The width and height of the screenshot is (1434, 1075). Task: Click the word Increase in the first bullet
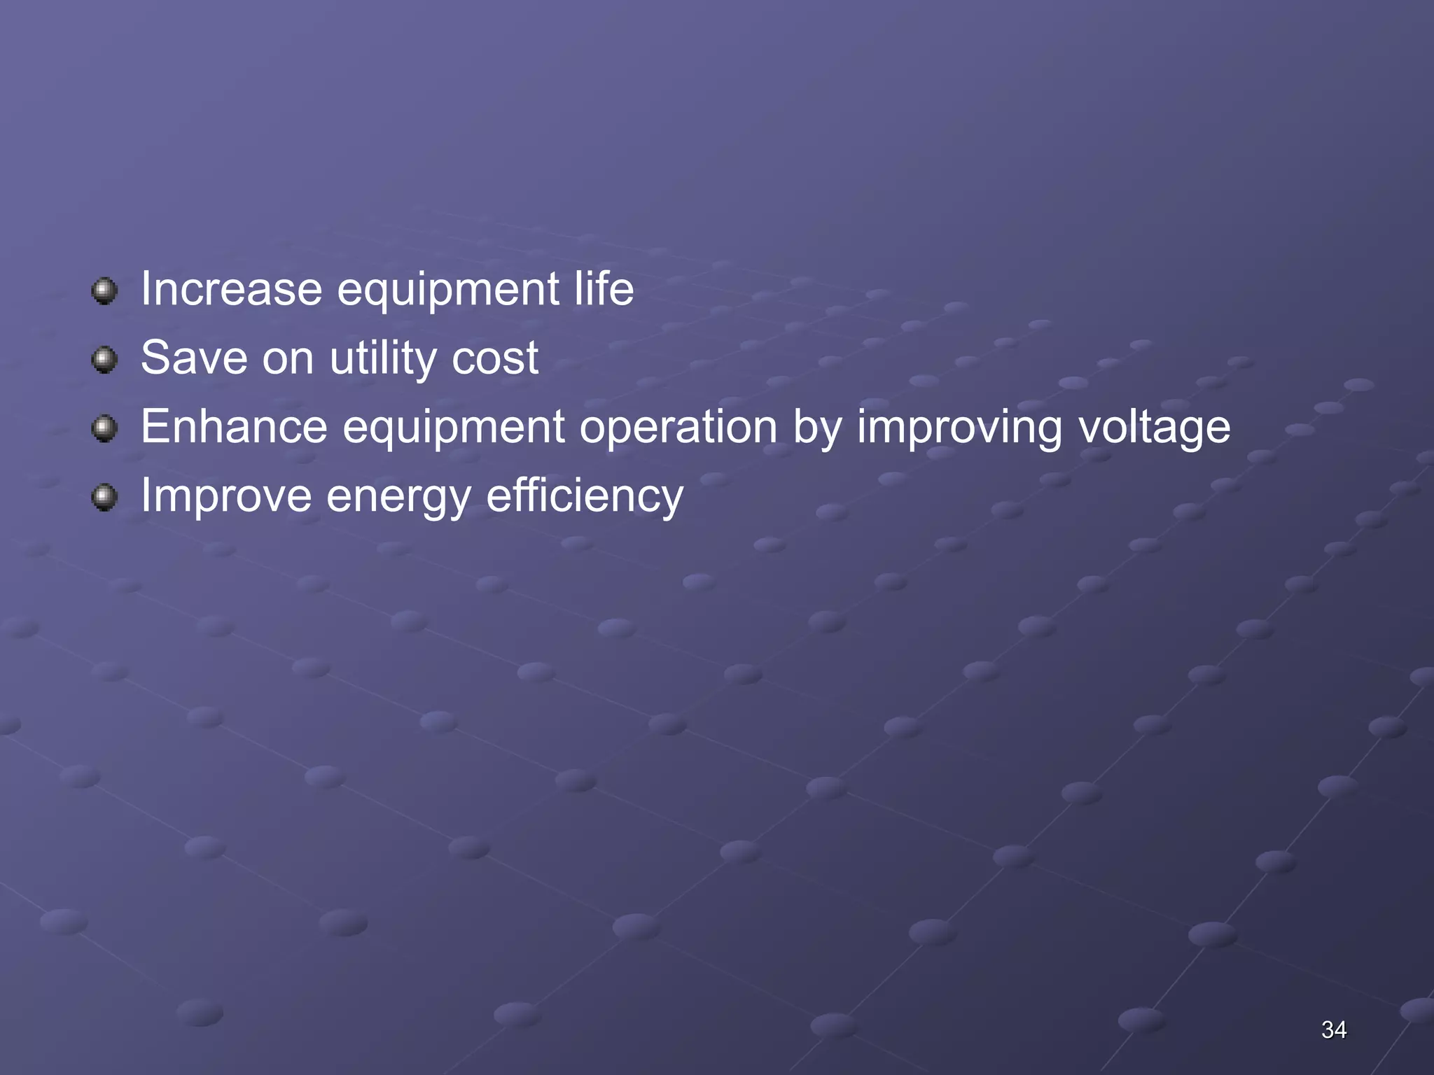coord(231,289)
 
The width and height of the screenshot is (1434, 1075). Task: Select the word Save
coord(194,358)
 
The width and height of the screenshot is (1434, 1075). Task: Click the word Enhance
coord(234,426)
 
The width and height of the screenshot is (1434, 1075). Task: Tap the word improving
coord(959,426)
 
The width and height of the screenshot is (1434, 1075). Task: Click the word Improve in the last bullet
coord(226,496)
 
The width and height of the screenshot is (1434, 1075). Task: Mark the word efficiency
coord(585,496)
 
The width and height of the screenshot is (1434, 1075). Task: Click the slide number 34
coord(1334,1030)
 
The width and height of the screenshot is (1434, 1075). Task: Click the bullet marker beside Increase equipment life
coord(104,290)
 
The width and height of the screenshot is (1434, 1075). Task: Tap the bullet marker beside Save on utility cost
coord(104,360)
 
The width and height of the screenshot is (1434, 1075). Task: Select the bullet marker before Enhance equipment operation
coord(104,428)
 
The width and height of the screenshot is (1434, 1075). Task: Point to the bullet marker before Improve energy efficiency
coord(104,498)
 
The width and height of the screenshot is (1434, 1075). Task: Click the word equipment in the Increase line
coord(448,290)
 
